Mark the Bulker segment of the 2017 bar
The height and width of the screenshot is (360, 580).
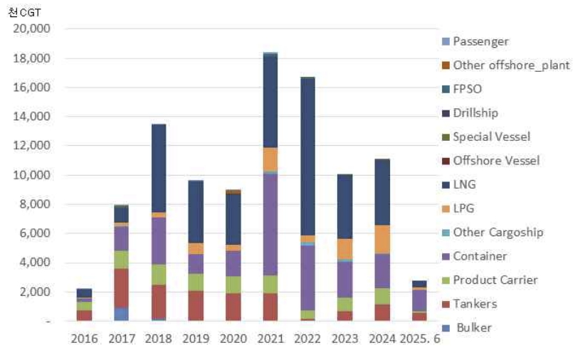[x=122, y=314]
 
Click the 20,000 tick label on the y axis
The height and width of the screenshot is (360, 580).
[x=32, y=28]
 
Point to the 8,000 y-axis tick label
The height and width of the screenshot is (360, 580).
[x=35, y=204]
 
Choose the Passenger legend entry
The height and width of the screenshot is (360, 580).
[x=480, y=41]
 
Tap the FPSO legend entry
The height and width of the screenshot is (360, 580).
[x=469, y=89]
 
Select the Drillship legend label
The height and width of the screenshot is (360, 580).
[x=475, y=112]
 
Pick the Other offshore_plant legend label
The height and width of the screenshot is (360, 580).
[x=511, y=65]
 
